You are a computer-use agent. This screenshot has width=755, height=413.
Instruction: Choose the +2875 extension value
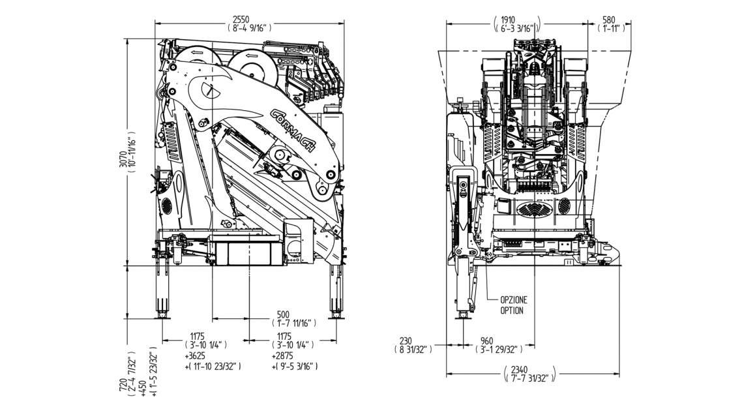282,357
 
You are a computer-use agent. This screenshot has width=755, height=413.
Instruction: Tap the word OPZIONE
514,300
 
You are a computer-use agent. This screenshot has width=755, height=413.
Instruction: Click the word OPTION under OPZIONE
512,311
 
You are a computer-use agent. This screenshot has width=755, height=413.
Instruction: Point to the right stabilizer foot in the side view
336,316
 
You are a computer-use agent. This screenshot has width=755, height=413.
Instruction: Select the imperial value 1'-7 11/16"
293,323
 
